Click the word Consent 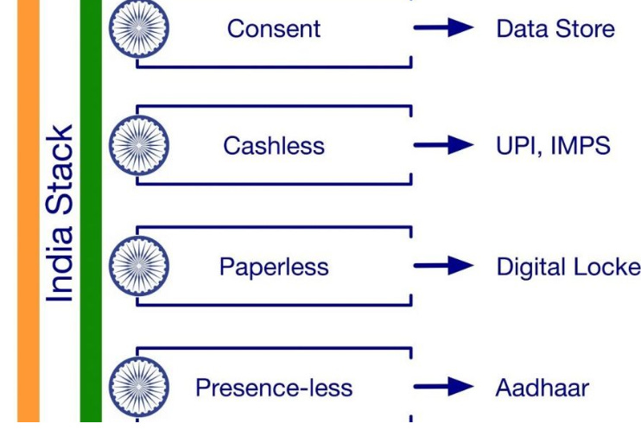273,28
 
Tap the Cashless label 273,145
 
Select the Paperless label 273,267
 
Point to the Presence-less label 273,388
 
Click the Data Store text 555,28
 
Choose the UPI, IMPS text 553,145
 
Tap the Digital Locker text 568,267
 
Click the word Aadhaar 542,388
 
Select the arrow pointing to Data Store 444,28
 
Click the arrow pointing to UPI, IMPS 444,145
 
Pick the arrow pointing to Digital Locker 444,267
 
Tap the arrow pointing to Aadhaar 444,388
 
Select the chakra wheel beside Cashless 138,145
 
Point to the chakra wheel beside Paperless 138,266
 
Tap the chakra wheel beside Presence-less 138,387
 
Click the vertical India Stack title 60,214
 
